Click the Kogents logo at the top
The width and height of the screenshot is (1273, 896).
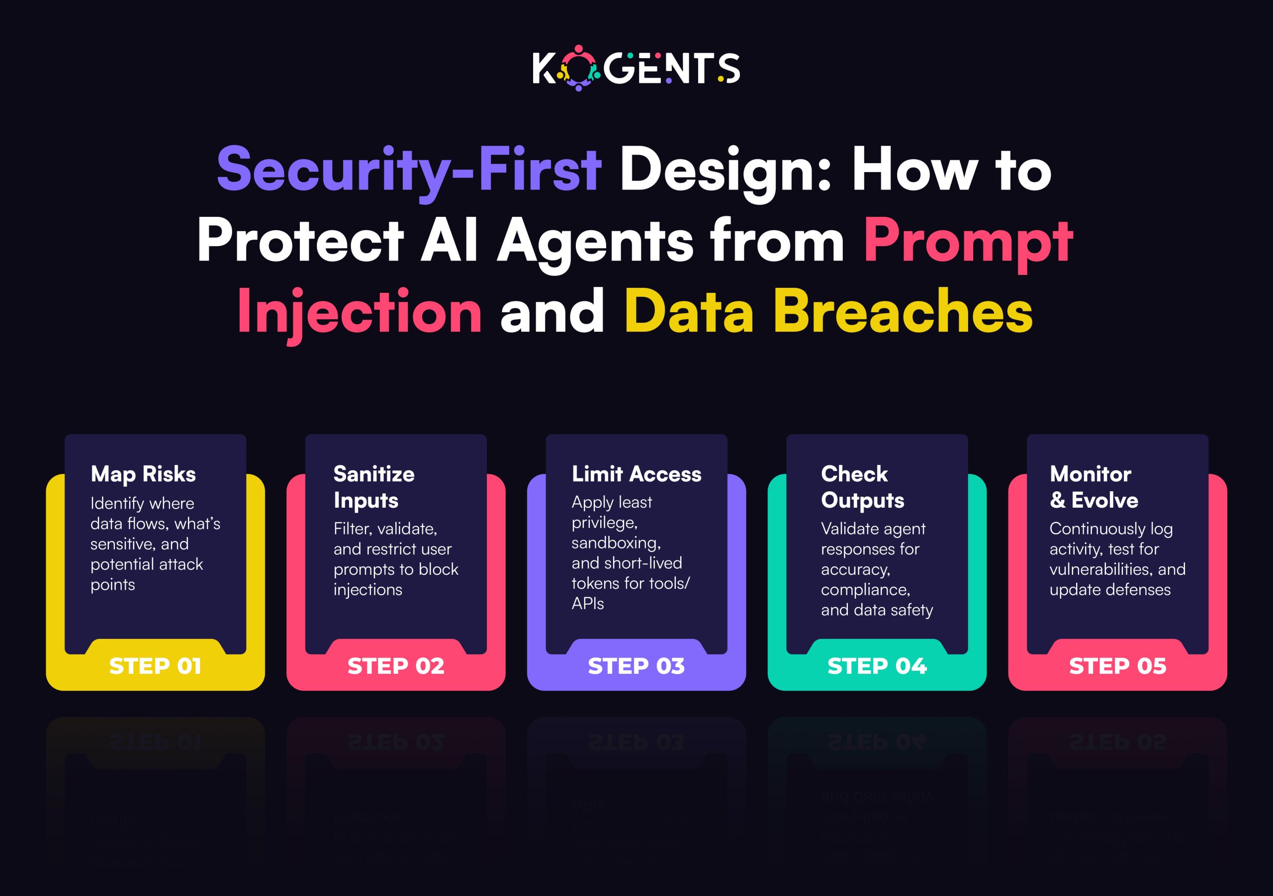coord(636,68)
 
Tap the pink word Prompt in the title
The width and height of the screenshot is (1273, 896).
coord(968,241)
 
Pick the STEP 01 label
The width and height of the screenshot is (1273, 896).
coord(155,666)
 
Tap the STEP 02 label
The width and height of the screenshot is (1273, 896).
coord(396,666)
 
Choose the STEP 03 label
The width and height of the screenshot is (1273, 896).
coord(636,666)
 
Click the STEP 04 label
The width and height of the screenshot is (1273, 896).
coord(877,666)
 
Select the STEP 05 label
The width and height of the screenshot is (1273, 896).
coord(1117,666)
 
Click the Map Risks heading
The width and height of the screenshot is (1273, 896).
coord(143,474)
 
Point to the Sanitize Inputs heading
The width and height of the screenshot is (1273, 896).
coord(373,487)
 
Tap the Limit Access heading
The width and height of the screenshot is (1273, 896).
coord(636,474)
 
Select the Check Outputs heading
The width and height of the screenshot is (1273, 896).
coord(862,487)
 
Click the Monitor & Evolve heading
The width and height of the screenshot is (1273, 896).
coord(1093,487)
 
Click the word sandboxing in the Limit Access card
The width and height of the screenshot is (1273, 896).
coord(616,543)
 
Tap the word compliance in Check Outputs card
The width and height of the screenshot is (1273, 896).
coord(865,590)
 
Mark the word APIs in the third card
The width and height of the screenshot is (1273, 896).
coord(588,603)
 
